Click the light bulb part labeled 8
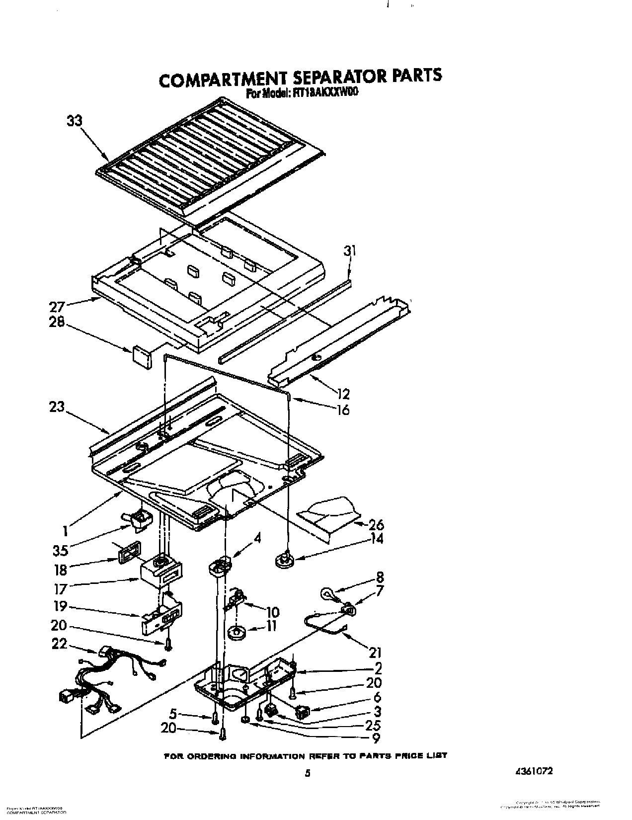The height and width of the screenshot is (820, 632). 326,593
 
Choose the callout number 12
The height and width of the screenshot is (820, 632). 342,394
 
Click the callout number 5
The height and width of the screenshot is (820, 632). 172,714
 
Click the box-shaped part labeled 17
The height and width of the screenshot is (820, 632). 159,573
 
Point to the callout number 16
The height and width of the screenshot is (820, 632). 342,410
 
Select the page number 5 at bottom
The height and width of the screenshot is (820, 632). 308,773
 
